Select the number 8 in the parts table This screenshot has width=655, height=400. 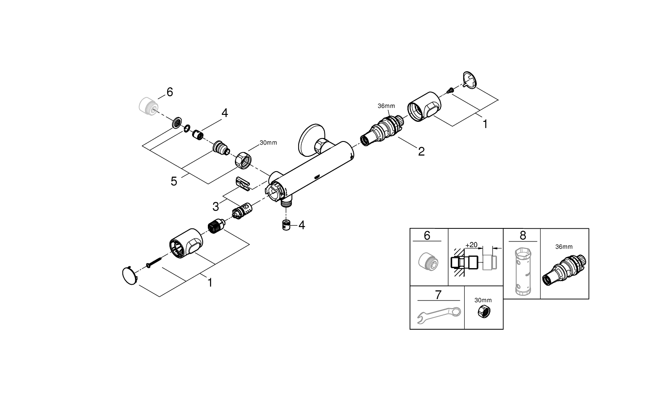523,236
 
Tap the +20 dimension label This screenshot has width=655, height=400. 471,245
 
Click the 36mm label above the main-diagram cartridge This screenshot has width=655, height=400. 386,106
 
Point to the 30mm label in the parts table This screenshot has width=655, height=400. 483,300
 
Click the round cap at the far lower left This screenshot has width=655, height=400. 130,276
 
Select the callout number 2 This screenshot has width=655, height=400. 421,152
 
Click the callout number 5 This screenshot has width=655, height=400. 174,181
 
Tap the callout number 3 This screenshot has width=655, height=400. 216,206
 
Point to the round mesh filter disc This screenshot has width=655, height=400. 176,123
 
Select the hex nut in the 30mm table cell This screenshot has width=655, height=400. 483,313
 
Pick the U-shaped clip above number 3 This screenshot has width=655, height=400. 243,183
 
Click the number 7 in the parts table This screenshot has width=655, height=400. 438,295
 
